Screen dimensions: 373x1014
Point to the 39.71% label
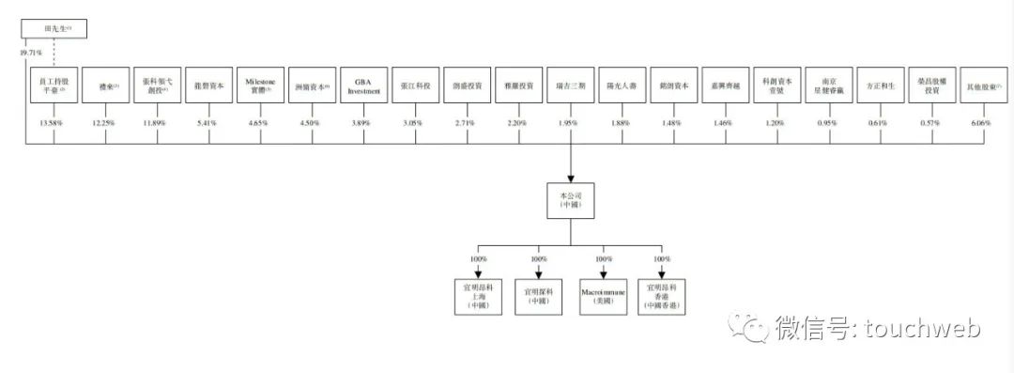31,54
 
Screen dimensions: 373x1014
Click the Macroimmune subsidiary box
601,294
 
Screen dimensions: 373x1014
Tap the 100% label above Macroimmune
600,258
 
